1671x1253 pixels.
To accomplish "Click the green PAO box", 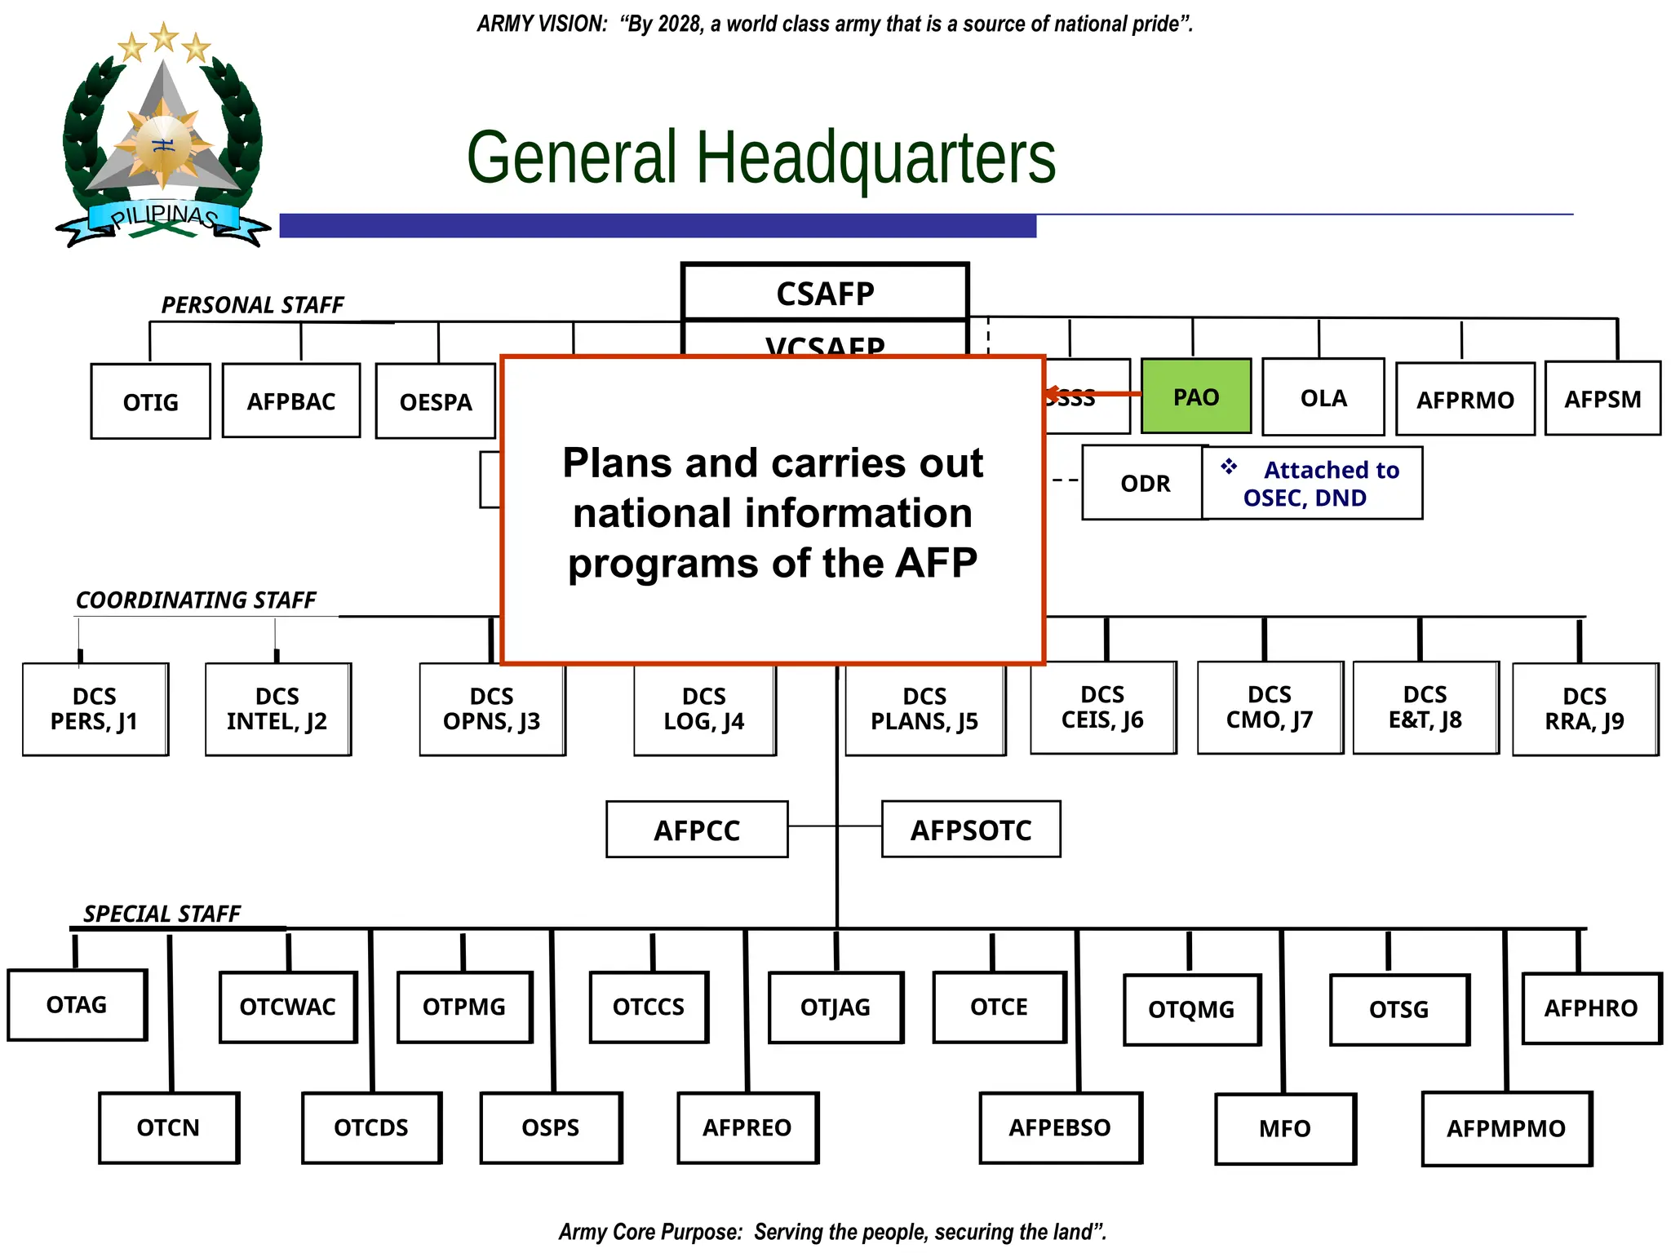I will tap(1195, 396).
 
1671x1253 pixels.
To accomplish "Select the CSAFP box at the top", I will tap(825, 293).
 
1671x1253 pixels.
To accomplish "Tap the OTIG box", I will tap(150, 401).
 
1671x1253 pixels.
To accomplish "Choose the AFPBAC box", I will tap(291, 401).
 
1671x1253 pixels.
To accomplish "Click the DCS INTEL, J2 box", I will tap(277, 708).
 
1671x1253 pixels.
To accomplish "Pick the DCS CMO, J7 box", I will tap(1270, 706).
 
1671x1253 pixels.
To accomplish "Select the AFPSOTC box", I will tap(971, 830).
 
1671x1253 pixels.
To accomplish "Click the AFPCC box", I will tap(697, 830).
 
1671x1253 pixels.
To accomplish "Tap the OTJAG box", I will tap(835, 1007).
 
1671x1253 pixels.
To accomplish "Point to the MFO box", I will tap(1285, 1128).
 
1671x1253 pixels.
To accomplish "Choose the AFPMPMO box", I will tap(1506, 1128).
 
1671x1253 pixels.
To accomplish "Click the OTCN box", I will tap(169, 1127).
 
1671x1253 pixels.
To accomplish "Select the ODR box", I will tap(1145, 483).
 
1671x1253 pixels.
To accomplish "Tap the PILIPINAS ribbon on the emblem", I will tap(163, 217).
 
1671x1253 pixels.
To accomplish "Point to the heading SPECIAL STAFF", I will tap(162, 913).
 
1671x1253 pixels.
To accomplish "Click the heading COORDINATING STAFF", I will tap(196, 600).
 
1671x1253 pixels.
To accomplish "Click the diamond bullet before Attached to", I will tap(1229, 467).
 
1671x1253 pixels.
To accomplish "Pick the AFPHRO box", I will tap(1590, 1007).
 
